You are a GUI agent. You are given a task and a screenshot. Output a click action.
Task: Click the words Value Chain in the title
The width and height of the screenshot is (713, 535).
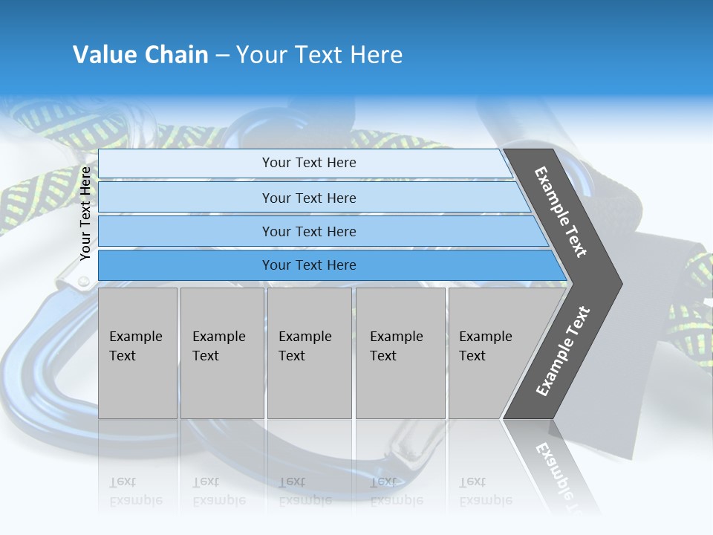[140, 55]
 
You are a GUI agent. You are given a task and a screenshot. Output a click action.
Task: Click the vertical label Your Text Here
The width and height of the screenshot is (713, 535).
[85, 214]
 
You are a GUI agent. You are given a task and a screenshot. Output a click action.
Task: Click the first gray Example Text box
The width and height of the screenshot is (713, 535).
[137, 353]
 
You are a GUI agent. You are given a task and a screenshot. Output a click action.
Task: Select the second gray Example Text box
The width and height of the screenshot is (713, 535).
[221, 353]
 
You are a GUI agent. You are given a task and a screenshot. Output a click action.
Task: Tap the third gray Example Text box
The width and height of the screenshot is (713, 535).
[308, 353]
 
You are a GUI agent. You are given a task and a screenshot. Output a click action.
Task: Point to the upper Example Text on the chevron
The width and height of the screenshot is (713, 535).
[561, 213]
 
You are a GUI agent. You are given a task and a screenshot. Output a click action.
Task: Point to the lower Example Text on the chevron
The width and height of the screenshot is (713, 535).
[563, 351]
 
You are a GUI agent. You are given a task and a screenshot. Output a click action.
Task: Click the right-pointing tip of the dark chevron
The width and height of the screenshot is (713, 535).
[618, 283]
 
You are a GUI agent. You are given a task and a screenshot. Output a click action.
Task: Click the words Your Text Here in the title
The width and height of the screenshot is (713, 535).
[319, 55]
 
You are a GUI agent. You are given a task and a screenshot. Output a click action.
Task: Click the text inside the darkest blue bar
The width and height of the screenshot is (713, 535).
[309, 265]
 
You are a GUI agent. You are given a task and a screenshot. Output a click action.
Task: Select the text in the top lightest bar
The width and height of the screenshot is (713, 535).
[309, 163]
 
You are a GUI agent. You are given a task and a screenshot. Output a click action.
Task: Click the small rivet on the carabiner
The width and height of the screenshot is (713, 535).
[84, 282]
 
